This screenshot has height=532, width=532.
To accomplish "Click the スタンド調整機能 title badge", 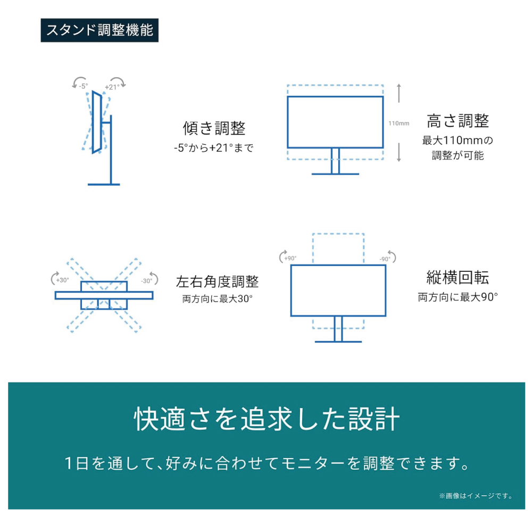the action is click(99, 30).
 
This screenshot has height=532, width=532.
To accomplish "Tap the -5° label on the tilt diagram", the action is click(83, 86).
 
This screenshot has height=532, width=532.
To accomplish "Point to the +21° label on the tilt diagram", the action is click(112, 87).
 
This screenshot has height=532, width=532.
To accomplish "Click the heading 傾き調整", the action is click(214, 128).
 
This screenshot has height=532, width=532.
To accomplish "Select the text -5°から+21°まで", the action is click(214, 148).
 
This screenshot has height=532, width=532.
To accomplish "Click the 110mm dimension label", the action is click(398, 123).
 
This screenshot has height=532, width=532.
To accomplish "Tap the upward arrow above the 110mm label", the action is click(399, 93).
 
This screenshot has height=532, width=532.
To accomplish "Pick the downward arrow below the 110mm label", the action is click(399, 152).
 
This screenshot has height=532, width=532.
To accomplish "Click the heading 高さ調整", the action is click(458, 121).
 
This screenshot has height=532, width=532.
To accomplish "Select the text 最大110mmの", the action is click(458, 140).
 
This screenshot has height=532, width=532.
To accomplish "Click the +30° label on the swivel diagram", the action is click(62, 280).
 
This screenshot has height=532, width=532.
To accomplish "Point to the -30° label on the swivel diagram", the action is click(147, 281).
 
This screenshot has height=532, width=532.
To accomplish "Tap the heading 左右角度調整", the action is click(217, 281).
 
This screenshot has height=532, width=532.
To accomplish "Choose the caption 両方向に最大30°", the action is click(217, 299).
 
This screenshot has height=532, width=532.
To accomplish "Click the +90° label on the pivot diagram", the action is click(290, 259).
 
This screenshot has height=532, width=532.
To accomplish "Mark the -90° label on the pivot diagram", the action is click(385, 259).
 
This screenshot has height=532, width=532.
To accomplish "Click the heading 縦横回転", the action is click(458, 278).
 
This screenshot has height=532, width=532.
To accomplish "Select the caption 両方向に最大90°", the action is click(458, 297).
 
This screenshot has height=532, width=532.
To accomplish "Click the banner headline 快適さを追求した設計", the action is click(267, 419).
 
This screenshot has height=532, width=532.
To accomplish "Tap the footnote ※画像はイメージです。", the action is click(476, 496).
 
